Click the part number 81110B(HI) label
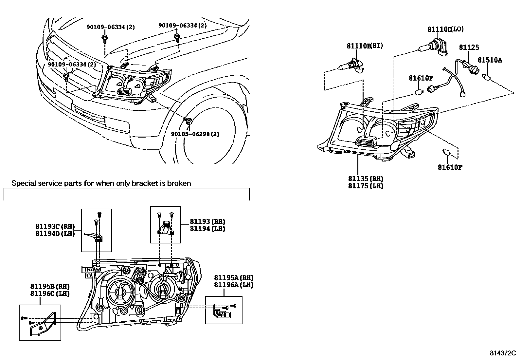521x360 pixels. coord(365,46)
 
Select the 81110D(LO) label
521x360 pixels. coord(445,29)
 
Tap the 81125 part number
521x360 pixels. coord(469,47)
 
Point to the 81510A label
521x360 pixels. coord(490,60)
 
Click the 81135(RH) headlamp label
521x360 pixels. coord(366,179)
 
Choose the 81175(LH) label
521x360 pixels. coord(366,186)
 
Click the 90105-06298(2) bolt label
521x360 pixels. coord(195,134)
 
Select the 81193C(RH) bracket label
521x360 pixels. coord(55,226)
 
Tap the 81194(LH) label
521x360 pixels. coord(207,229)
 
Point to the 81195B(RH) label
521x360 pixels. coord(50,287)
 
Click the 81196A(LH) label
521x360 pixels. coord(234,285)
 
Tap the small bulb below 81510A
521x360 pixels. coord(487,78)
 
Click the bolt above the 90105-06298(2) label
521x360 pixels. coord(188,120)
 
